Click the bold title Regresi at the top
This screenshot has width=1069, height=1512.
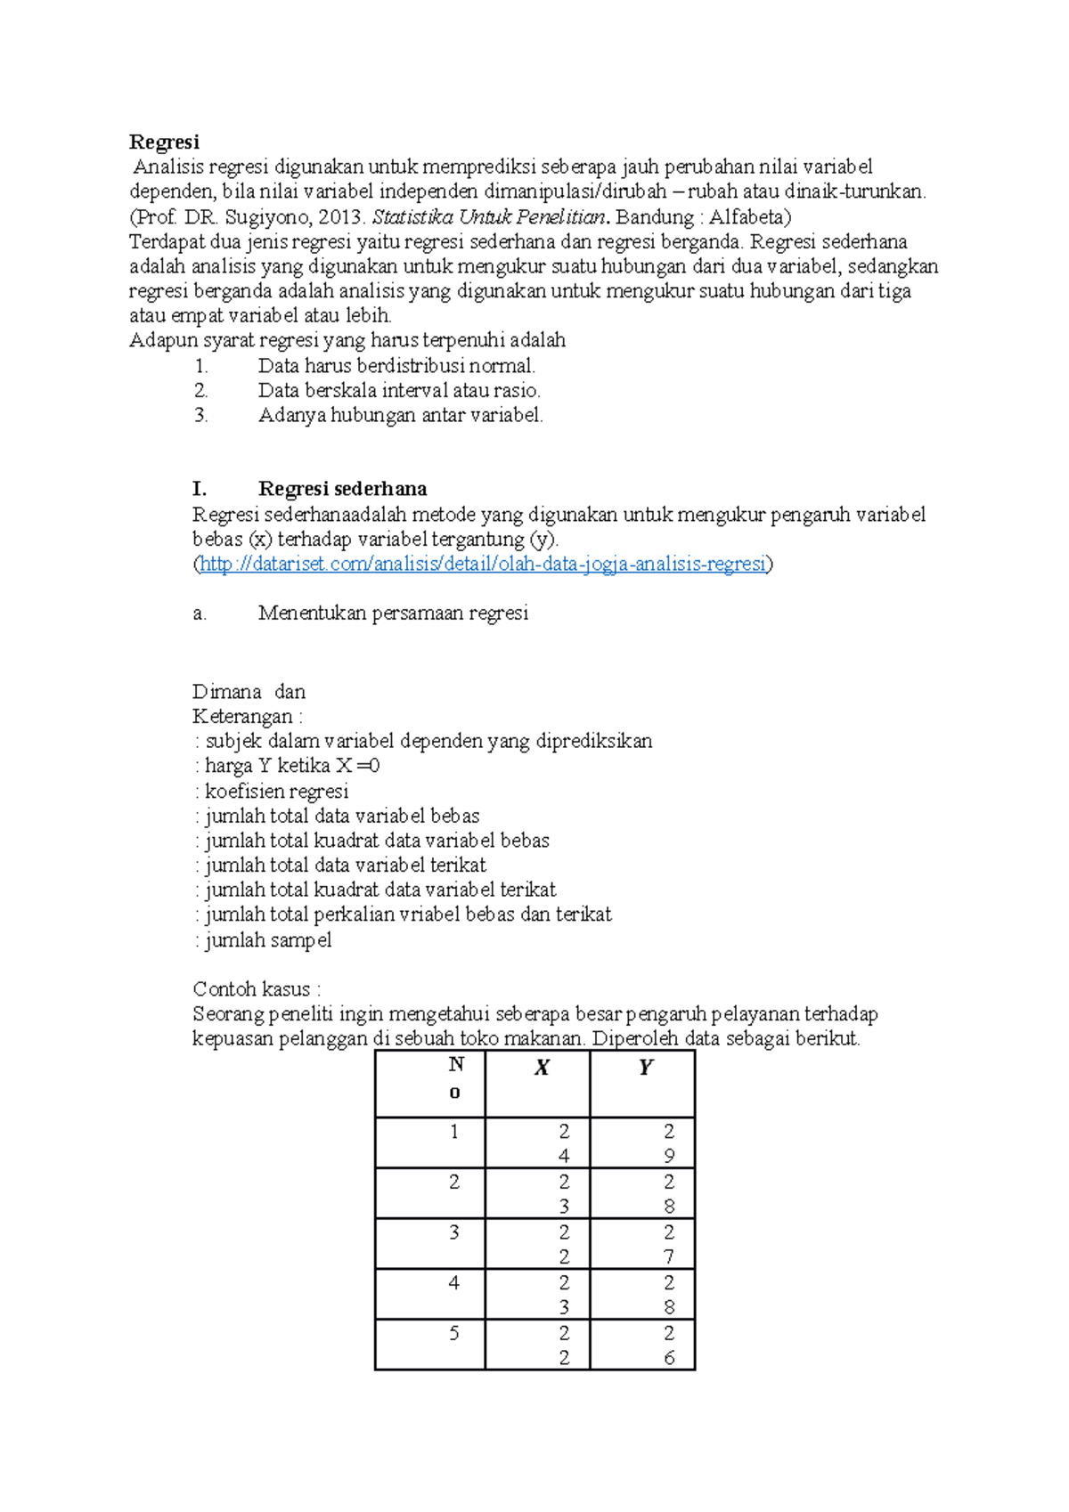point(164,142)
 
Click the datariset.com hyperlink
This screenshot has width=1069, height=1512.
point(482,564)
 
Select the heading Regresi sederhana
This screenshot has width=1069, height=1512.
point(342,489)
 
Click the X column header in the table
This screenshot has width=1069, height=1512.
point(541,1068)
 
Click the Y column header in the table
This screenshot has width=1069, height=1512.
point(646,1068)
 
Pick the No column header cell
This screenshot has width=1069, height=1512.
point(455,1078)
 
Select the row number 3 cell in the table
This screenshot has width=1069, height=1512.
point(454,1233)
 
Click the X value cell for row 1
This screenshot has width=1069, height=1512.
point(563,1143)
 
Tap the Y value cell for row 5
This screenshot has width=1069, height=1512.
point(668,1345)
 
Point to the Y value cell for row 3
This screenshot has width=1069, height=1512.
point(668,1245)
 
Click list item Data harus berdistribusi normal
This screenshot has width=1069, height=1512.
point(396,366)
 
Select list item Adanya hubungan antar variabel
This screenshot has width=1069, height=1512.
point(400,415)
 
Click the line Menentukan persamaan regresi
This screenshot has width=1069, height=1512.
point(393,613)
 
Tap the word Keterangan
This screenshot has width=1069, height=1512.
point(242,717)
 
